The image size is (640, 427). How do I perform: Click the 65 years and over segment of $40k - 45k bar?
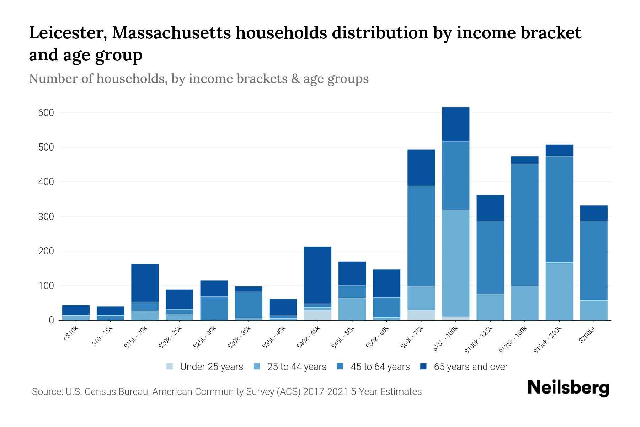318,275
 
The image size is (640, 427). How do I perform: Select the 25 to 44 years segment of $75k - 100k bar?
455,263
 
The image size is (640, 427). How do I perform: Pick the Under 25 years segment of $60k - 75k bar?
421,315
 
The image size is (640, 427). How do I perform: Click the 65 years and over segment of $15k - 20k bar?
145,283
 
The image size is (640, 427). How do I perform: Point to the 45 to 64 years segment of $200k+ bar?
593,260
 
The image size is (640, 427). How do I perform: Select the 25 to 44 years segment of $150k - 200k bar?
559,291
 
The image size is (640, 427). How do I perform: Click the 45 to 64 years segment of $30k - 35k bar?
248,305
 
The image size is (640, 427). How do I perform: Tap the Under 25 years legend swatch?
170,367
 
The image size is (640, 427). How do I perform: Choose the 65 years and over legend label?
471,367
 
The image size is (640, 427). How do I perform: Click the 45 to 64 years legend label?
380,367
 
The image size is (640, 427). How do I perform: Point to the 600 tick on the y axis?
46,113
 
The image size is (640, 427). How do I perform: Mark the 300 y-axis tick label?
46,217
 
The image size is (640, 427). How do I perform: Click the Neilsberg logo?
568,388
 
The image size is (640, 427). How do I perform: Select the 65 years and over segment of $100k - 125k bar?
490,208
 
